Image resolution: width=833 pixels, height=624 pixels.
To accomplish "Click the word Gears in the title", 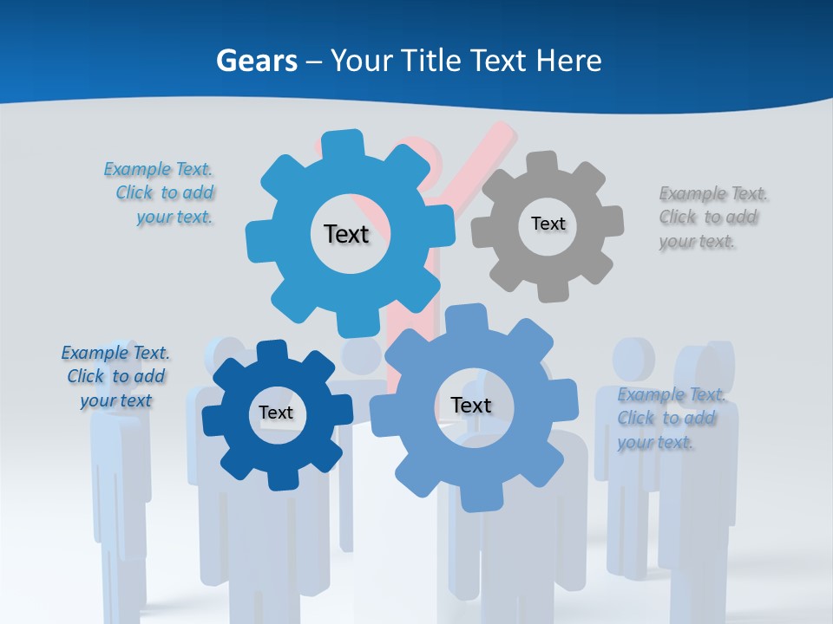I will click(256, 61).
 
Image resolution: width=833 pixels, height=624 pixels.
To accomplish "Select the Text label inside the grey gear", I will click(548, 224).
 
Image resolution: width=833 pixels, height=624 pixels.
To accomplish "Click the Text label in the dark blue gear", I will click(276, 413).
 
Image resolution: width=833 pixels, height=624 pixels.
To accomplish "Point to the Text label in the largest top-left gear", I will click(346, 234).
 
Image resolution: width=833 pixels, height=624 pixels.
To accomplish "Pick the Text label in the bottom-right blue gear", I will click(471, 405).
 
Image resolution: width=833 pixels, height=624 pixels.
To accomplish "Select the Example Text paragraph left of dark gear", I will click(115, 376).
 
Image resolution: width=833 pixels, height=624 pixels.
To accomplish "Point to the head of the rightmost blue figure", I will click(712, 368).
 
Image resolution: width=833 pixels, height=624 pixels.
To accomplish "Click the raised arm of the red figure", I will click(486, 152).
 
